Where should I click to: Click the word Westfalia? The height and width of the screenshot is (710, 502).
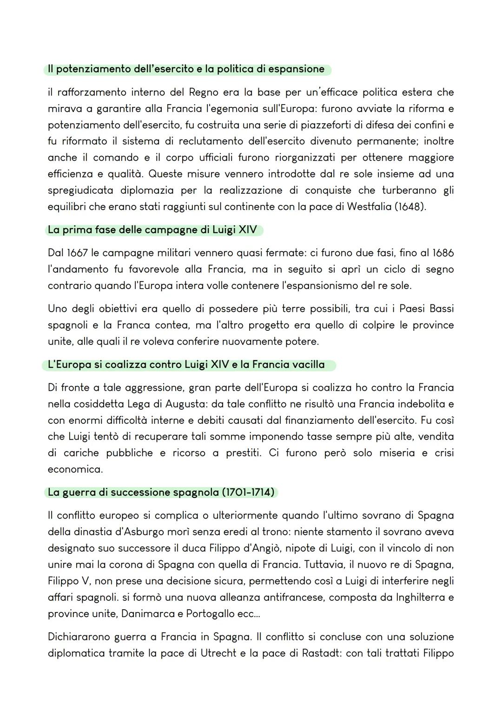pos(369,206)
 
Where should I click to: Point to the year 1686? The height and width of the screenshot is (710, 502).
pos(443,253)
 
